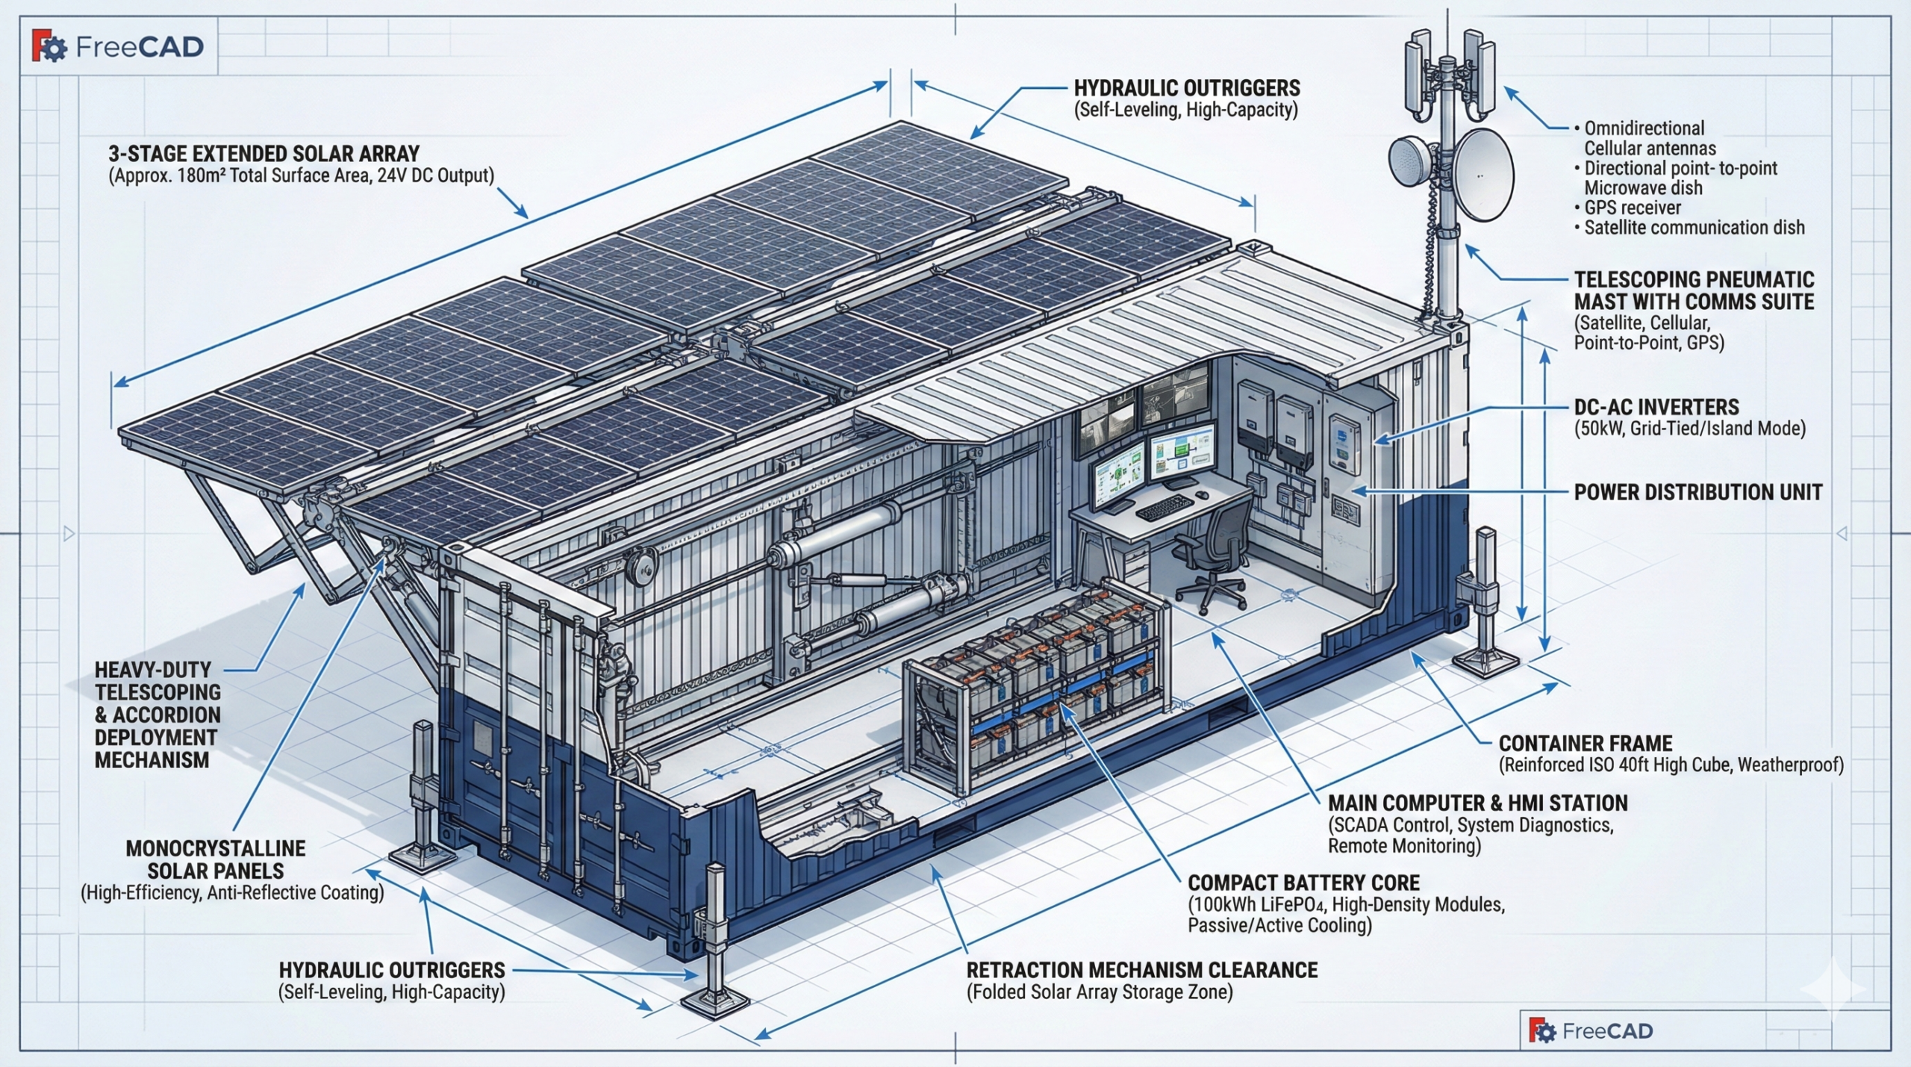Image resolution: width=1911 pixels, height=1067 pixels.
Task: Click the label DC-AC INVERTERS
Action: click(x=1656, y=408)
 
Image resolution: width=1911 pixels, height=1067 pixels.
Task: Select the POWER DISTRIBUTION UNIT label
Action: click(x=1698, y=493)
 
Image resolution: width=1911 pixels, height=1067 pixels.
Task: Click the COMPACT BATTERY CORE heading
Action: click(x=1303, y=883)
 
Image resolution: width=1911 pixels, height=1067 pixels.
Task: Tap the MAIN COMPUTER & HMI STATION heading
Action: click(x=1477, y=803)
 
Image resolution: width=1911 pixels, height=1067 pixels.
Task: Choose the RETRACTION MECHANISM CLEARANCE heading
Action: click(x=1141, y=971)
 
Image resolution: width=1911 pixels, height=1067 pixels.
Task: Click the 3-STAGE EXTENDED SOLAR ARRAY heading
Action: click(x=264, y=155)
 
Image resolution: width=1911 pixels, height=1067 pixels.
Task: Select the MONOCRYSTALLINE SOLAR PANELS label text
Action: click(x=216, y=859)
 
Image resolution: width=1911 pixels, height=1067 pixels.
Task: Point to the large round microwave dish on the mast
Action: click(x=1483, y=175)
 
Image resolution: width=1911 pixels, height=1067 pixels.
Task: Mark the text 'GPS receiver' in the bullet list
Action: click(x=1633, y=208)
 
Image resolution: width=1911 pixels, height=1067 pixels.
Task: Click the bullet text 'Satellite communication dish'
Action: click(x=1694, y=228)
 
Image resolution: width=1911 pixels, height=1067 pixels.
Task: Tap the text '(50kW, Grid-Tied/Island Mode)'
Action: click(x=1689, y=429)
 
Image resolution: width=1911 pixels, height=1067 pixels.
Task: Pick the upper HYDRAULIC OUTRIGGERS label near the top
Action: click(x=1186, y=89)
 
